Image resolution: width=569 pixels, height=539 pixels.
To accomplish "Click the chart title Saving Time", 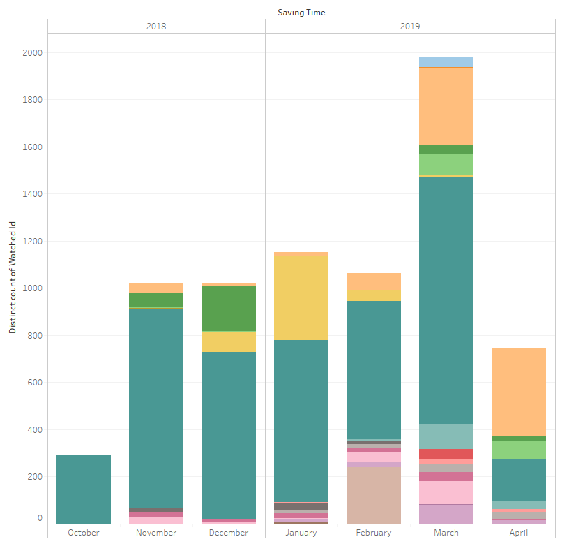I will pyautogui.click(x=301, y=13).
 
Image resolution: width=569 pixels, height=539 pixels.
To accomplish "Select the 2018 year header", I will pyautogui.click(x=156, y=27).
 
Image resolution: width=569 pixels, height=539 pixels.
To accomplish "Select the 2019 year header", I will pyautogui.click(x=410, y=27).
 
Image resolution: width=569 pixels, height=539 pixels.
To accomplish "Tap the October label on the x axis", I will pyautogui.click(x=84, y=533).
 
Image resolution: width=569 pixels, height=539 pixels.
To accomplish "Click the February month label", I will pyautogui.click(x=373, y=533).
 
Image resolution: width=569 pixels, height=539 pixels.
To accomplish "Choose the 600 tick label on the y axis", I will pyautogui.click(x=34, y=383).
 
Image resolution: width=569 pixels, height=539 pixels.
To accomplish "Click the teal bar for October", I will pyautogui.click(x=84, y=489).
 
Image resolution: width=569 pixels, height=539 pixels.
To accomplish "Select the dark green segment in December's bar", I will pyautogui.click(x=229, y=308).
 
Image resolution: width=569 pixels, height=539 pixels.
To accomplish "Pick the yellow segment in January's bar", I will pyautogui.click(x=301, y=297).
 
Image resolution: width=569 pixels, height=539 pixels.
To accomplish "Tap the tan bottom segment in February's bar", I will pyautogui.click(x=374, y=495).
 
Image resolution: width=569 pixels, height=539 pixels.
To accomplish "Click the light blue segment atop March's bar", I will pyautogui.click(x=446, y=62).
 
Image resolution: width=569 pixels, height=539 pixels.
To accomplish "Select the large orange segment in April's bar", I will pyautogui.click(x=519, y=392).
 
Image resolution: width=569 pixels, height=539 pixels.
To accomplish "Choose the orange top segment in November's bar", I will pyautogui.click(x=156, y=288).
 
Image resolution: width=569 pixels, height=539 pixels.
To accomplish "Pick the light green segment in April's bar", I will pyautogui.click(x=519, y=450).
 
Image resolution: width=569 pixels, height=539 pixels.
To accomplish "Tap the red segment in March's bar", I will pyautogui.click(x=446, y=454).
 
